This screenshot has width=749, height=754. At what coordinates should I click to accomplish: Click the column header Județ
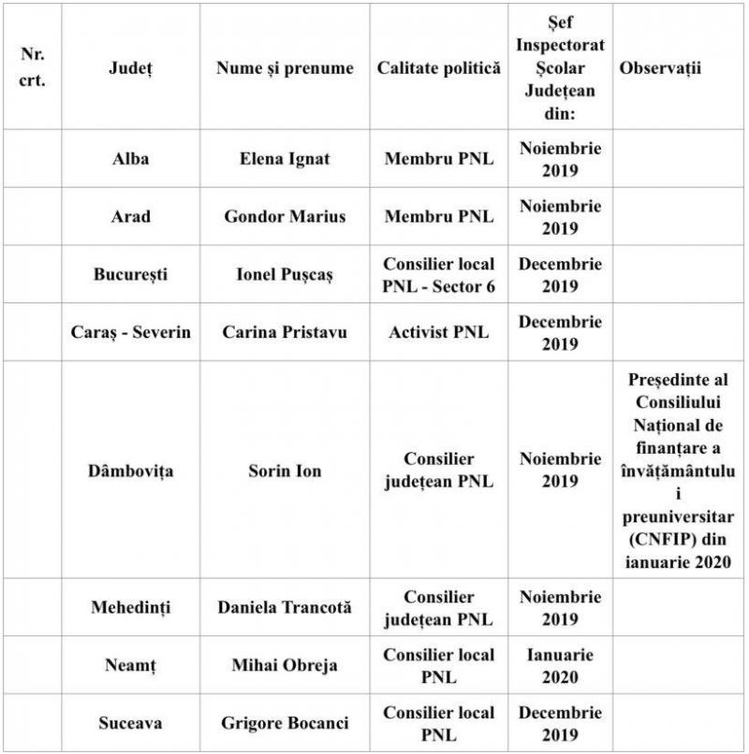coord(129,68)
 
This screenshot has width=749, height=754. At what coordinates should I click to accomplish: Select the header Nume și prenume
coord(285,68)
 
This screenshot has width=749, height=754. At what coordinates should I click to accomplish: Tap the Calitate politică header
coord(439,68)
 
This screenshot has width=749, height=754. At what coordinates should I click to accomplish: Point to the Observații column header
coord(661,68)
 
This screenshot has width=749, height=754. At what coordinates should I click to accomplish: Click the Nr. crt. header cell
coord(32,68)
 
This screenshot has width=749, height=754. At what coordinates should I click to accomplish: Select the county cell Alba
coord(129,159)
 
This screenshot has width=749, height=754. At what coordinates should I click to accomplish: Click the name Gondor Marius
coord(285,216)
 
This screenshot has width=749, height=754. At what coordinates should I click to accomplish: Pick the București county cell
coord(129,274)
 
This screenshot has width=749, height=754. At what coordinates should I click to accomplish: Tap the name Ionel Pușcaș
coord(285,274)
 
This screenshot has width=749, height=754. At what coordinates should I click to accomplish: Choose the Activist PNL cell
coord(439,332)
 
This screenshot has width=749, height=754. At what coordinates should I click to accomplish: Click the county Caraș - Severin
coord(129,332)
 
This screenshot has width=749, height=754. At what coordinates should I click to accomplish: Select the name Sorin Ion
coord(285,471)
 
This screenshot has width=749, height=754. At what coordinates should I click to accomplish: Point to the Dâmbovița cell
coord(129,471)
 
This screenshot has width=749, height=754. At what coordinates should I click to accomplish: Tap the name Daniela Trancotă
coord(285,608)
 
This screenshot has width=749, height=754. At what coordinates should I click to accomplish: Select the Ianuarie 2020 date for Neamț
coord(560,666)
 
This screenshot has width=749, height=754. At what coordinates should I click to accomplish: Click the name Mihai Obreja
coord(285,666)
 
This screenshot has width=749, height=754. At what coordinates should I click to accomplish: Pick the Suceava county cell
coord(129,723)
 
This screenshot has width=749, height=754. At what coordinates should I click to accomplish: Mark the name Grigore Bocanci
coord(285,723)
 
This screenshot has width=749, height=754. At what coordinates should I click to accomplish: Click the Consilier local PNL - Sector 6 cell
coord(439,274)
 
